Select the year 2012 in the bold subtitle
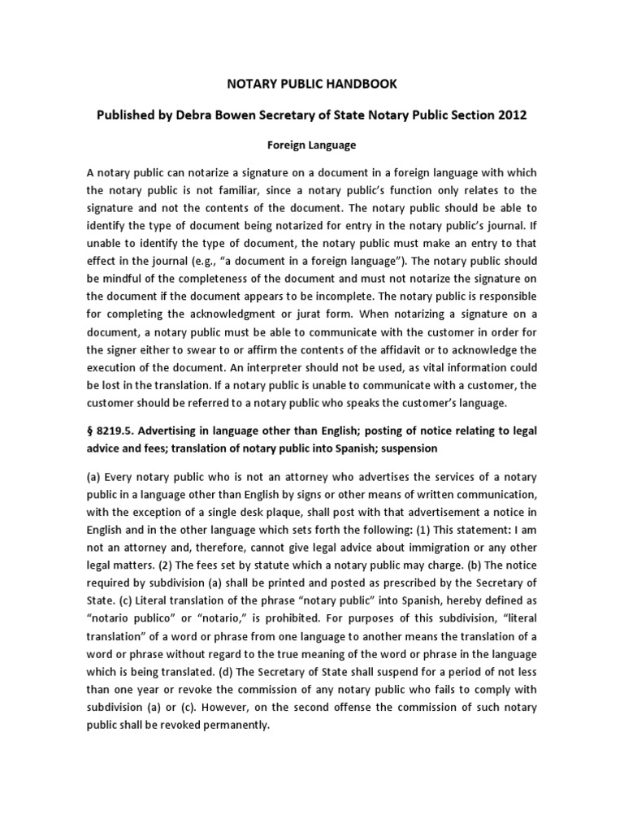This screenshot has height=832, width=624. (x=510, y=115)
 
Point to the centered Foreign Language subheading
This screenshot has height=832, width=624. (x=311, y=145)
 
